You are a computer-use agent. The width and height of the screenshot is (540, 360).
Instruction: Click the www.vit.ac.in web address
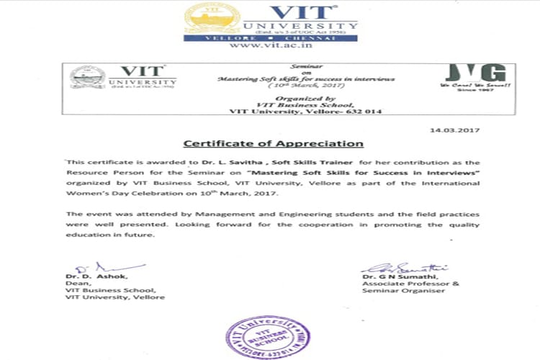(270, 45)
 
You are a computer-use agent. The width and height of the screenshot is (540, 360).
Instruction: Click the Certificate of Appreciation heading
(272, 144)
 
